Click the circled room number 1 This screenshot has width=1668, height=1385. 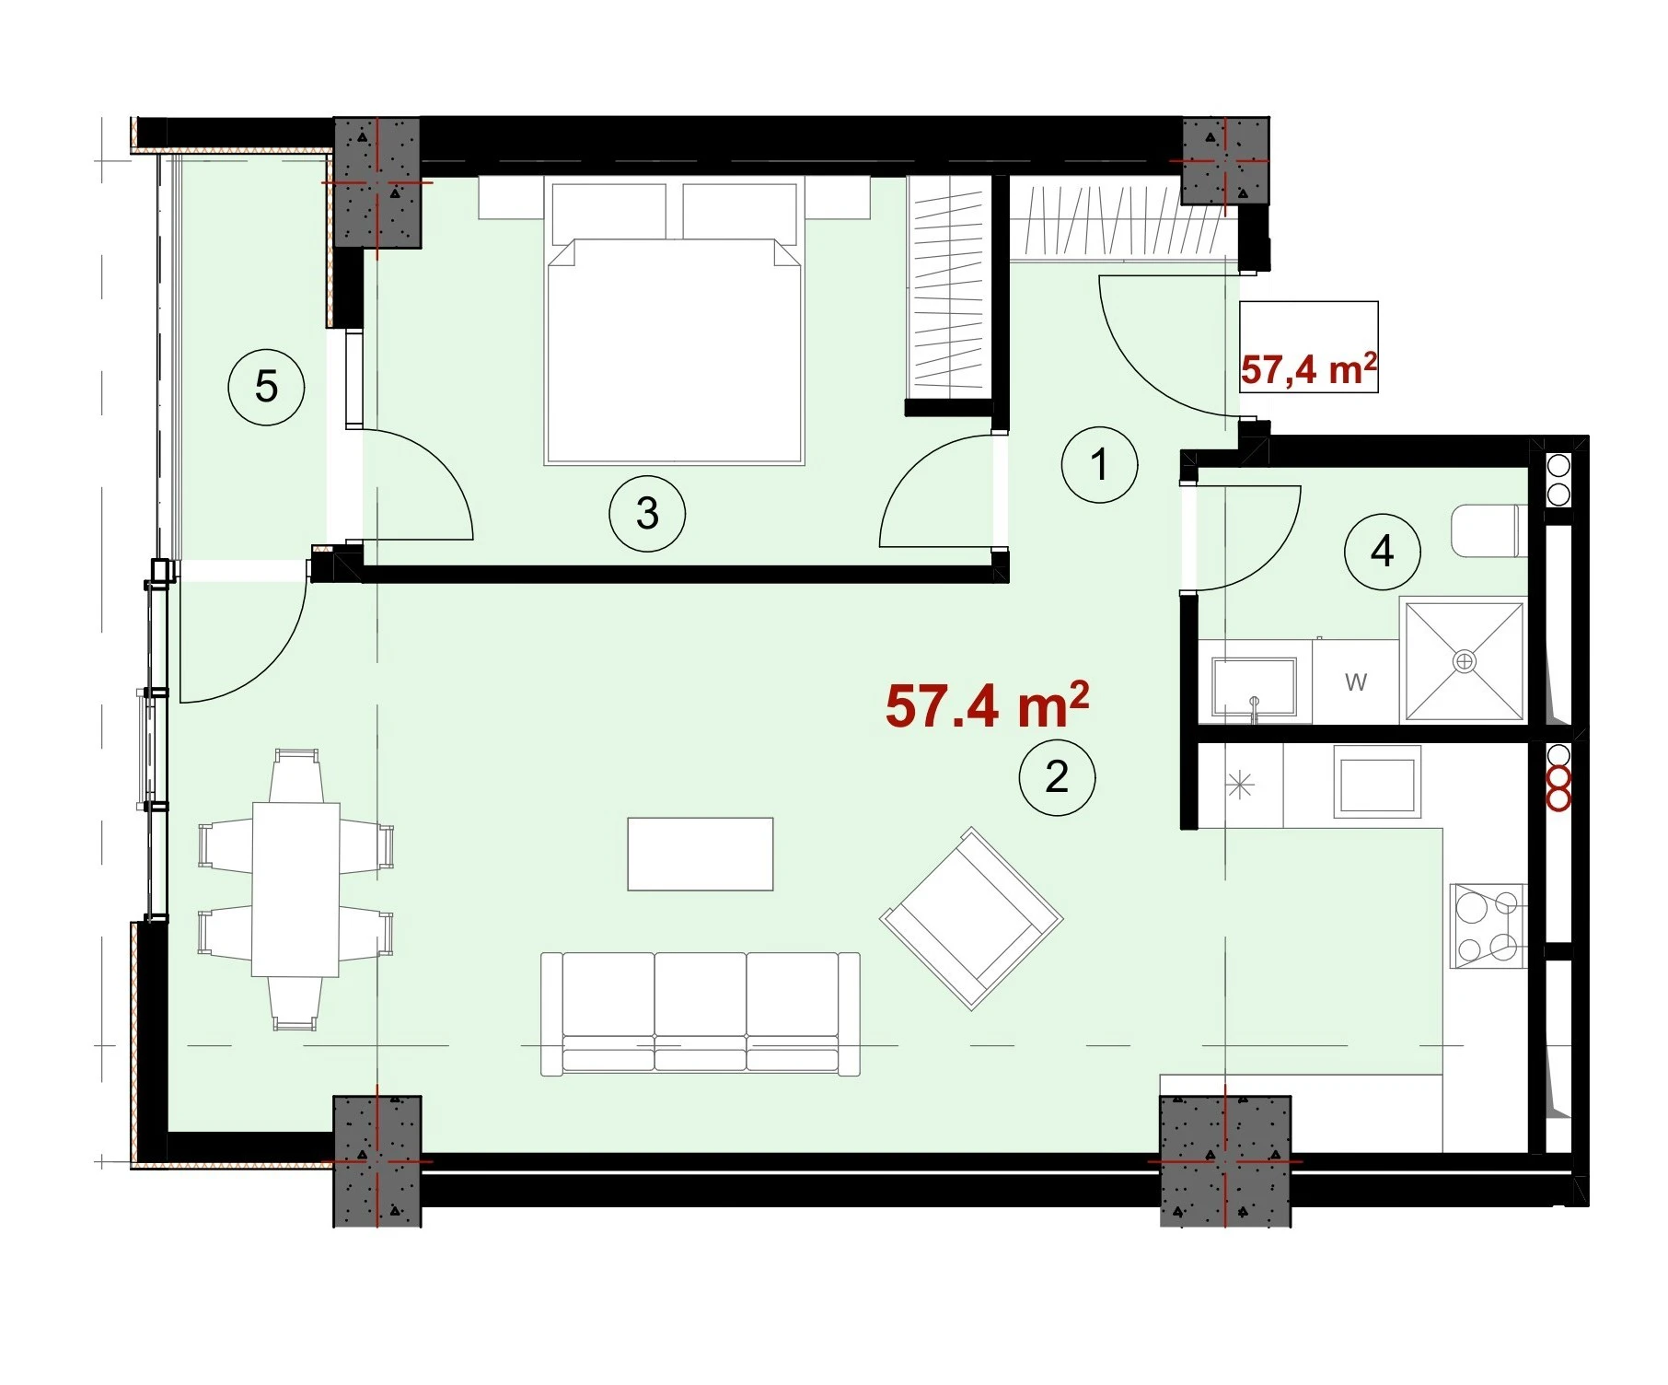tap(1099, 464)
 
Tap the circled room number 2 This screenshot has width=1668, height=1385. tap(1057, 777)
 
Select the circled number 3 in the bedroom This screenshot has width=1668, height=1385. tap(647, 513)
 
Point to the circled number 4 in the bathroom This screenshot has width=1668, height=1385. tap(1382, 552)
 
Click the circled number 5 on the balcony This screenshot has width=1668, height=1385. tap(266, 386)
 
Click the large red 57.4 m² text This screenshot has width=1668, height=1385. tap(987, 705)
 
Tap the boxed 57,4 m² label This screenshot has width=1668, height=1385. tap(1309, 368)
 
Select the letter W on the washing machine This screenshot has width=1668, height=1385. tap(1355, 682)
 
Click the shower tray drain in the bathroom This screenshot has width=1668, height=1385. tap(1464, 660)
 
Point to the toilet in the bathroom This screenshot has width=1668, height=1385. tap(1489, 530)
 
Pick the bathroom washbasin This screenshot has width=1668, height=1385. tap(1254, 686)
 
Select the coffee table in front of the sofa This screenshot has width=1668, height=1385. tap(700, 854)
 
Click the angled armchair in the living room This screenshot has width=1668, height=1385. tap(971, 918)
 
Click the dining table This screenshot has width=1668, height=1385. tap(295, 889)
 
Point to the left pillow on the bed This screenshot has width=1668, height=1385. tap(608, 213)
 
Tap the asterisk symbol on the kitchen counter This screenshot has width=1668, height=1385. tap(1240, 786)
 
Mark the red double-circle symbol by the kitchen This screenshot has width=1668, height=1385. tap(1558, 788)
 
